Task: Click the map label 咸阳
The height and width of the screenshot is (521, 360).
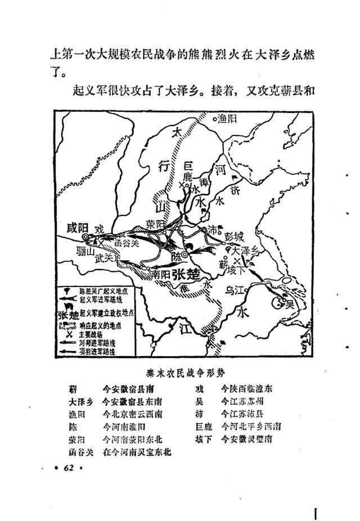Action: (77, 228)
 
